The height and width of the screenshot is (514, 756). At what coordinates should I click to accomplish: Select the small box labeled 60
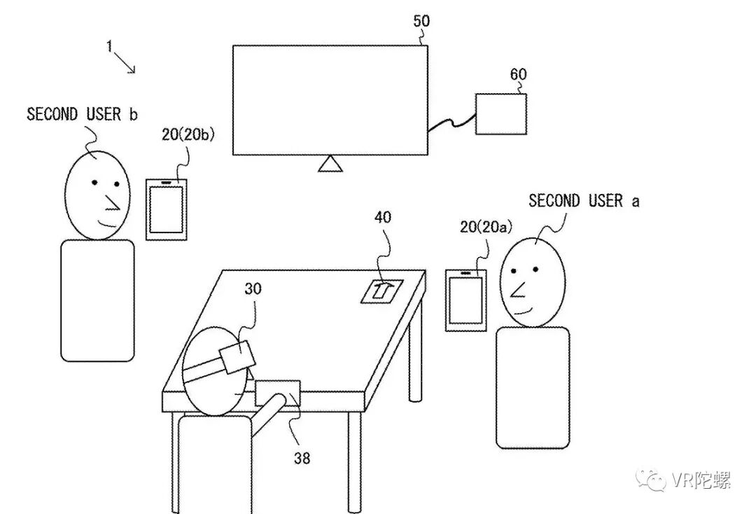point(501,113)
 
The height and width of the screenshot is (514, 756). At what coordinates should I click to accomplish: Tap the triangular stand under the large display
point(329,164)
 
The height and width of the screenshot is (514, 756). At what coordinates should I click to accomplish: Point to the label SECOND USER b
point(82,114)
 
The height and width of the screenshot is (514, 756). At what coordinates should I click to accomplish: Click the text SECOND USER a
point(584,201)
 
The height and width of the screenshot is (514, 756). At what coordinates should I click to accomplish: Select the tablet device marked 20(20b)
point(167,209)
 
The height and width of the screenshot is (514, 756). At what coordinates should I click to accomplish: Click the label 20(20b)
point(188,135)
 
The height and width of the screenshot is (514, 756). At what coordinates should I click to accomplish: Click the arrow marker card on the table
point(381,290)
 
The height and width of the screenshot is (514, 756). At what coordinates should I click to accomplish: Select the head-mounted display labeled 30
point(237,356)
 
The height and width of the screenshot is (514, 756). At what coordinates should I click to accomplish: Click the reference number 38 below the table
point(302,459)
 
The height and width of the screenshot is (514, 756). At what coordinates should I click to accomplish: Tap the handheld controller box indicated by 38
point(278,393)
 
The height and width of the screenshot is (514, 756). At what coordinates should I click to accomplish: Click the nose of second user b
point(111,202)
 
